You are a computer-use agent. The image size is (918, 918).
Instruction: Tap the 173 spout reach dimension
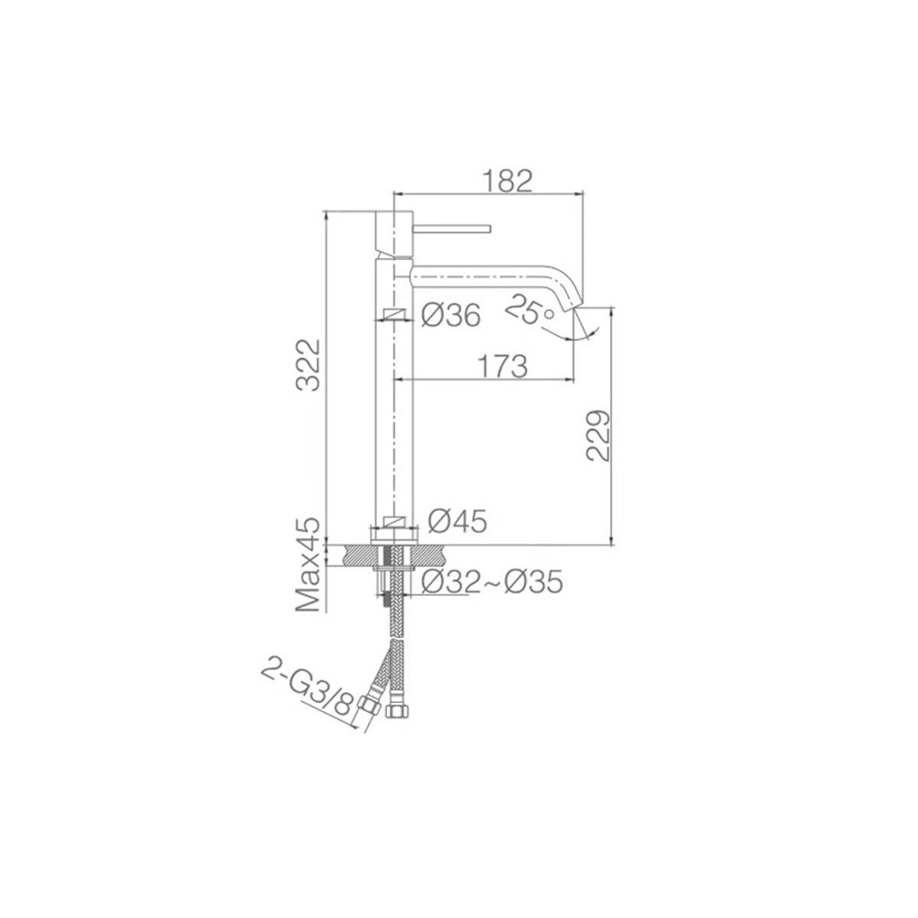(x=502, y=366)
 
